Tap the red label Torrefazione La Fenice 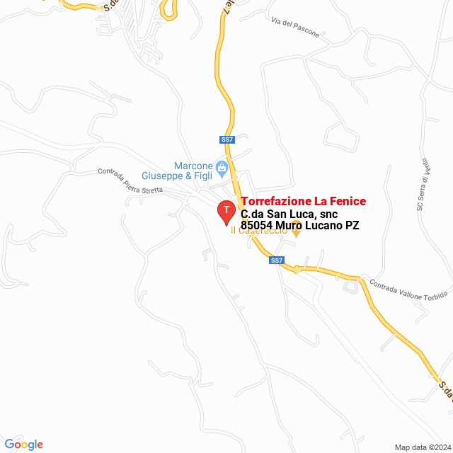coord(303,202)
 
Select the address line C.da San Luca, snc coord(289,214)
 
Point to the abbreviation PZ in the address coord(352,226)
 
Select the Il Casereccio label coord(259,231)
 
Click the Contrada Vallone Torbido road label coord(409,290)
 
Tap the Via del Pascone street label coord(295,26)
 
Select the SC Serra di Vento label coord(423,186)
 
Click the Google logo coord(23,444)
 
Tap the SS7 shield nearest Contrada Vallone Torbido coord(277,260)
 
